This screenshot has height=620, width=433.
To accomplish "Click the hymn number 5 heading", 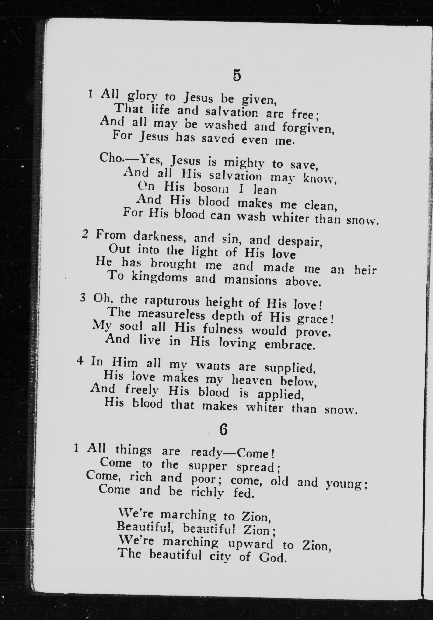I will coord(236,76).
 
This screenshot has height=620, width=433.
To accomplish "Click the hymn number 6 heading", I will coord(223,429).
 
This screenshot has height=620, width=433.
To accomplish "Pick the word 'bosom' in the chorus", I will coord(211,188).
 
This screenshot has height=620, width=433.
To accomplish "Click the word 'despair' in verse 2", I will coord(300,241).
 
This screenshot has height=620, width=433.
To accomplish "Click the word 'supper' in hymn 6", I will coord(207,466).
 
